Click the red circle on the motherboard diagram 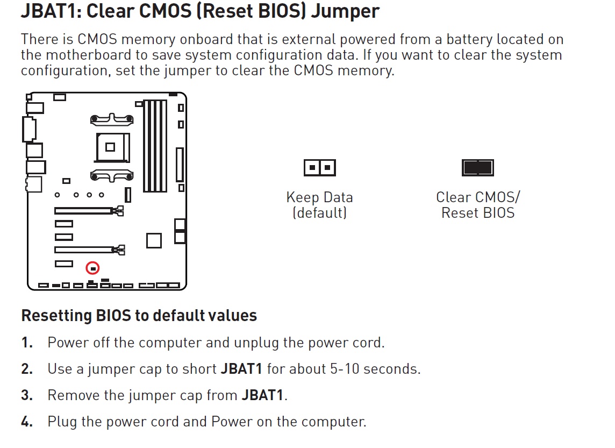point(93,267)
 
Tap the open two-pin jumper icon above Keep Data point(319,168)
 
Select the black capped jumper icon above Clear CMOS point(477,168)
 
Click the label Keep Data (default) point(319,205)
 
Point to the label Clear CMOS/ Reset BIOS point(477,205)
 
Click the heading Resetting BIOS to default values point(139,315)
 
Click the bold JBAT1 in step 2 point(241,369)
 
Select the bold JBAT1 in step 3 point(262,395)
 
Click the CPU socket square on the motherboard point(110,146)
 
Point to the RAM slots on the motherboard point(155,146)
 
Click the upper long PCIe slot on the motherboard point(86,210)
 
